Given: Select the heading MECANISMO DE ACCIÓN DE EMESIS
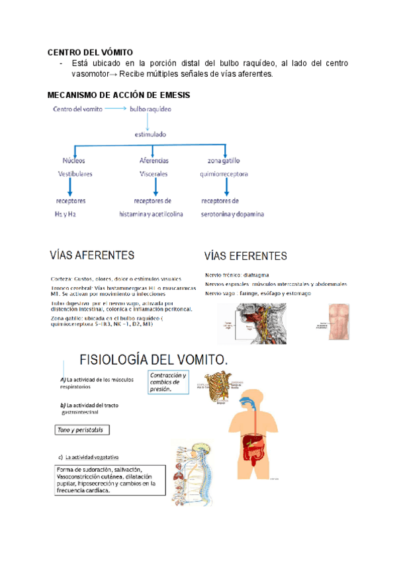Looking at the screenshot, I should click(x=118, y=95).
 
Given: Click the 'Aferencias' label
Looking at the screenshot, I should click(x=154, y=160).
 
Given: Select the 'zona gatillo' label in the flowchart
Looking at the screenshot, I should click(x=224, y=160).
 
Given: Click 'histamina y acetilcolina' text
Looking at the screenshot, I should click(x=151, y=214).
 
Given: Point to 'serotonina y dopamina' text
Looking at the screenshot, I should click(x=232, y=214).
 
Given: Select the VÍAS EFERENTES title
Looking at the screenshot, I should click(x=245, y=255).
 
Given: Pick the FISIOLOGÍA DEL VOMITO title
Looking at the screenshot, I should click(x=154, y=359).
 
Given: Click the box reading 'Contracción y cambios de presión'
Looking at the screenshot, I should click(x=170, y=382).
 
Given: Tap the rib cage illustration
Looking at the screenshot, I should click(x=216, y=388).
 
